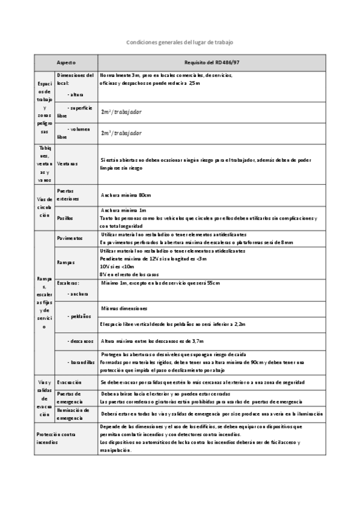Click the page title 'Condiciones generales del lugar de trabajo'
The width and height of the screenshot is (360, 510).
coord(180,43)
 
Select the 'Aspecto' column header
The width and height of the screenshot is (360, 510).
coord(66,63)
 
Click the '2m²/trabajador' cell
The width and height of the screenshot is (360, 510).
coord(122,112)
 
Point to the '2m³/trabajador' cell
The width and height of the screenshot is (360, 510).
coord(122,133)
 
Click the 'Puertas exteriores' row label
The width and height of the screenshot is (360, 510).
coord(67,194)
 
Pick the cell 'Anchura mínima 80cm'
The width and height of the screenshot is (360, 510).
coord(127,195)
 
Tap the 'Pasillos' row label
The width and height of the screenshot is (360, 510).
coord(65,217)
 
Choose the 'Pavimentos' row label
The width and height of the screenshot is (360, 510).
coord(70,238)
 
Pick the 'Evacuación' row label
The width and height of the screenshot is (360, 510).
coord(70,382)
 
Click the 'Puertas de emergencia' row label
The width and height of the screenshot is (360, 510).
coord(70,398)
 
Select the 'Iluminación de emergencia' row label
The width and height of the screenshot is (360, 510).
coord(73,414)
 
